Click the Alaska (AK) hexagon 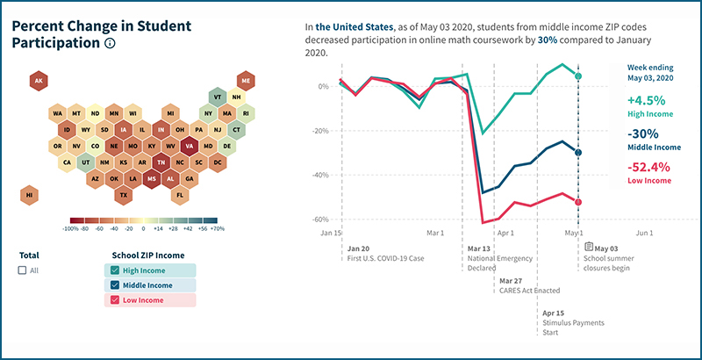[x=38, y=82]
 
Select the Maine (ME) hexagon [x=246, y=82]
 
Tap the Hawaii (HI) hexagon [x=30, y=194]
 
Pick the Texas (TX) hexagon [x=124, y=194]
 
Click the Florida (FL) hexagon [x=180, y=194]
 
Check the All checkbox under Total [x=22, y=270]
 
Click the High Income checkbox [x=116, y=270]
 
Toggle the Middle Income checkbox [x=116, y=285]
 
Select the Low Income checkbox [x=116, y=301]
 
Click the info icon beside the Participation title [x=110, y=43]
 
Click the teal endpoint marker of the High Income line [x=577, y=76]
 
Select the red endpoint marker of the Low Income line [x=577, y=203]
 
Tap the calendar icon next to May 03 [x=590, y=248]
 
